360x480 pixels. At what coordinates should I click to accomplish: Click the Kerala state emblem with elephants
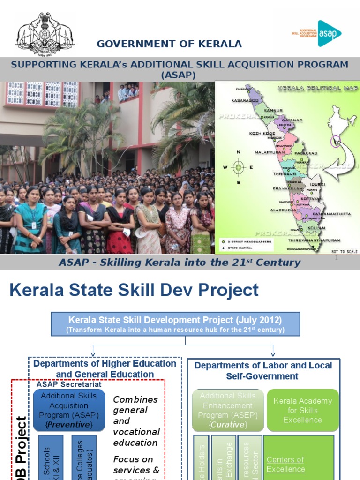(x=45, y=33)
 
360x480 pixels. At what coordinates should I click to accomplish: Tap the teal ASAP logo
(x=330, y=33)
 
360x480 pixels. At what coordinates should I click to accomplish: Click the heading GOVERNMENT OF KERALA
(x=169, y=44)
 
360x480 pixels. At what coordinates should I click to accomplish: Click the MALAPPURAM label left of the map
(x=270, y=152)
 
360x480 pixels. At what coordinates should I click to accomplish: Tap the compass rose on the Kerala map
(x=239, y=167)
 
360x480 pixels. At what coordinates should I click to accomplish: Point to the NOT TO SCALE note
(x=345, y=251)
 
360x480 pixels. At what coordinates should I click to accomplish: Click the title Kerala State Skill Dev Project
(x=134, y=290)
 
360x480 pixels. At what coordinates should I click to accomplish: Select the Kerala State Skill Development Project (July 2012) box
(x=175, y=324)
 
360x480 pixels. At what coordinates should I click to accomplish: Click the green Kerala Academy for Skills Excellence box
(x=302, y=410)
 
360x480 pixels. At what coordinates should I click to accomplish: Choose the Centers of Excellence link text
(x=285, y=464)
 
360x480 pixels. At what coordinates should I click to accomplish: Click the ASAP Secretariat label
(x=69, y=384)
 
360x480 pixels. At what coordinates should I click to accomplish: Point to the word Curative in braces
(x=228, y=424)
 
